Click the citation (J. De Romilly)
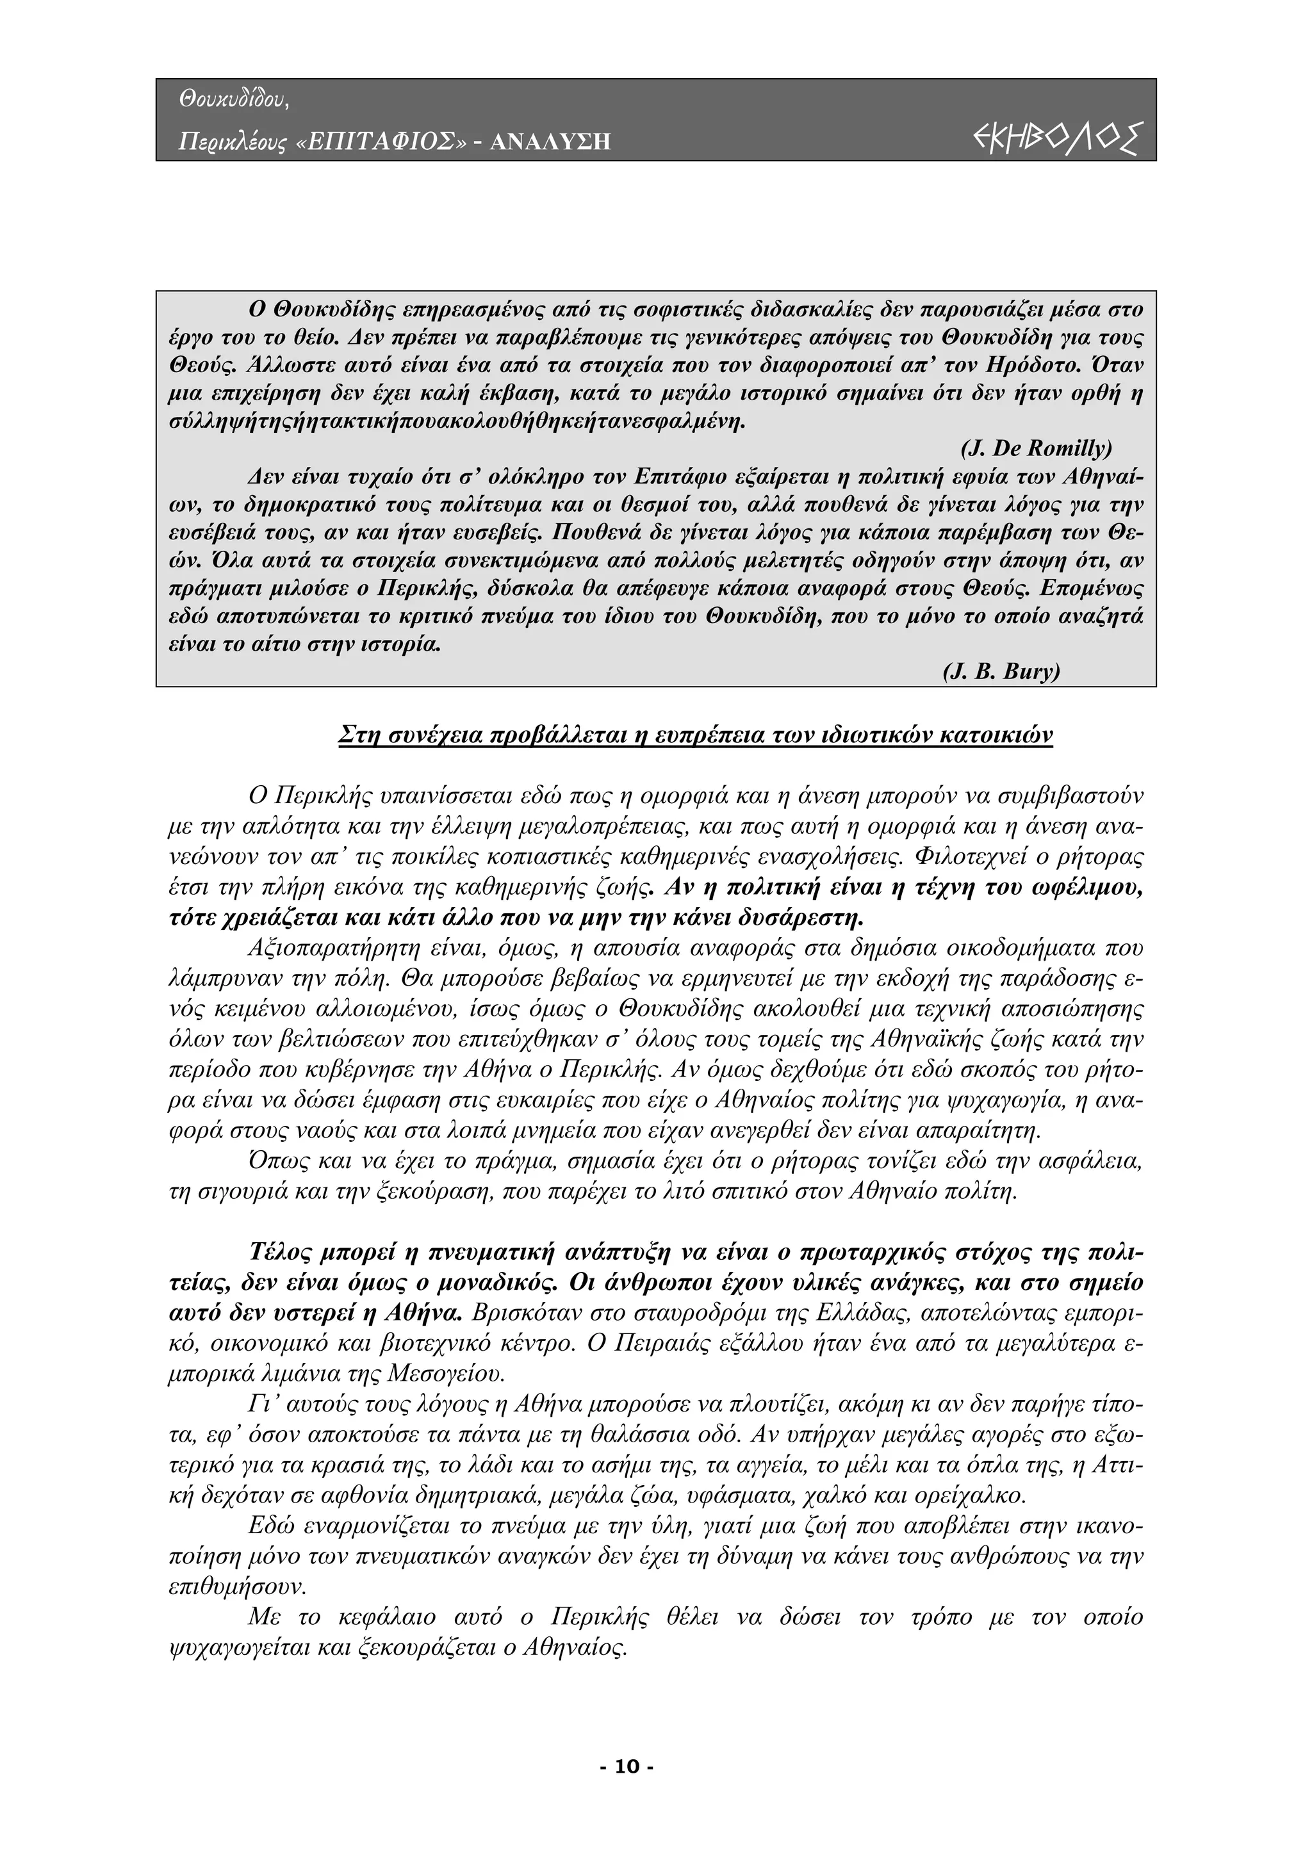(x=1035, y=448)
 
